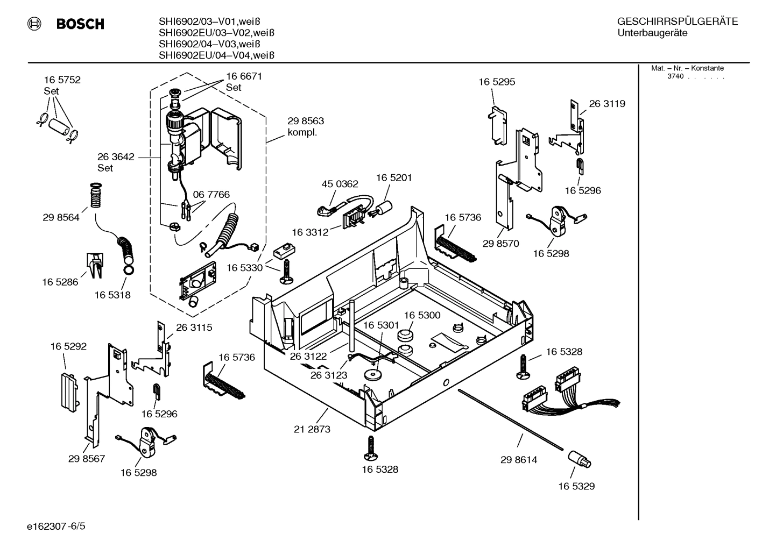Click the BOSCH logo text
click(x=80, y=24)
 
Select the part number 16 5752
click(x=62, y=80)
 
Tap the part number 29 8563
click(x=306, y=121)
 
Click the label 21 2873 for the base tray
click(x=312, y=429)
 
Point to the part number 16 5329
click(x=576, y=486)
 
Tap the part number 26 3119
click(x=607, y=103)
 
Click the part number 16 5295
click(x=497, y=82)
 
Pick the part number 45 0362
click(x=340, y=184)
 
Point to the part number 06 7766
click(x=211, y=194)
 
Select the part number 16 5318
click(x=112, y=295)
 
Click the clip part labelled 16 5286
click(x=95, y=266)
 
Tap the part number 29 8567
click(x=87, y=459)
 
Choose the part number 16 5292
click(x=68, y=346)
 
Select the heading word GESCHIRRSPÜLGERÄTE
click(x=677, y=22)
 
